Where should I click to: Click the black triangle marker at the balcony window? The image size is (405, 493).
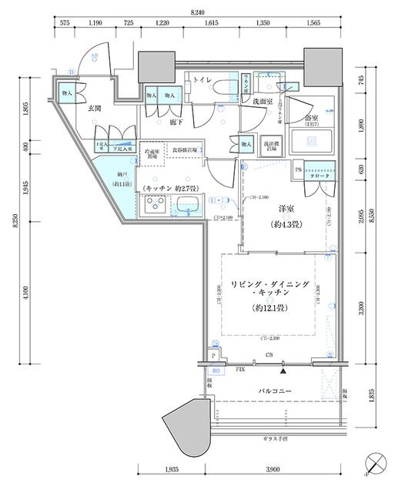pyautogui.click(x=284, y=371)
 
